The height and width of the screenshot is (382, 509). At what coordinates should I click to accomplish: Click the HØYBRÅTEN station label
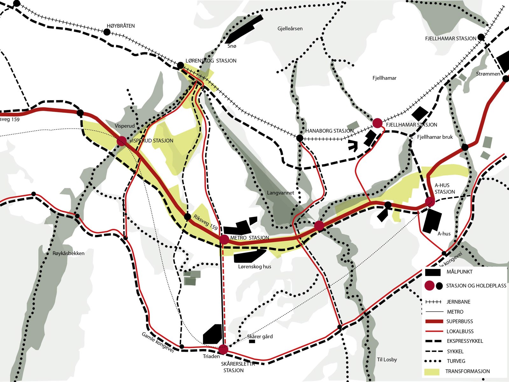point(121,26)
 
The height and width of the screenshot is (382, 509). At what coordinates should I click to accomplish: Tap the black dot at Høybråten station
point(107,32)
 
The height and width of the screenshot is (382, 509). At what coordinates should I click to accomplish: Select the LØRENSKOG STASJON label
point(211,60)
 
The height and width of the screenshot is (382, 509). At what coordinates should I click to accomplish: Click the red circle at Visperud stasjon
point(122,141)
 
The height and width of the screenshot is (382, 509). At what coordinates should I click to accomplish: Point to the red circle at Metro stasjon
point(224,239)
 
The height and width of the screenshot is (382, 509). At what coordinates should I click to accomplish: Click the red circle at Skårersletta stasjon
point(223,350)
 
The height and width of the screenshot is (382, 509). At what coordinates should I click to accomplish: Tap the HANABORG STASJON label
point(329,131)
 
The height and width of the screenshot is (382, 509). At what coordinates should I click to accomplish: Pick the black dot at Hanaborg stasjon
point(300,138)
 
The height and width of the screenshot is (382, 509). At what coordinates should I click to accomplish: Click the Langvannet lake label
point(280,193)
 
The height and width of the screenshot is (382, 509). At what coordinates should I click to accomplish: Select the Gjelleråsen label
point(290,29)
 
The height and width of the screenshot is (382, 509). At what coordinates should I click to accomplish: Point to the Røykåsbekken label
point(68,253)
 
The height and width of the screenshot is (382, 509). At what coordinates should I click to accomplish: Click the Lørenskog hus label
point(254,266)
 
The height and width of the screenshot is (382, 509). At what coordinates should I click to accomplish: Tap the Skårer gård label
point(260,336)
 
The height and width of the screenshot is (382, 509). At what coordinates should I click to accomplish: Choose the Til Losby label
point(387,359)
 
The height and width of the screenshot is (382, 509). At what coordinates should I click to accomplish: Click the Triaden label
point(211,356)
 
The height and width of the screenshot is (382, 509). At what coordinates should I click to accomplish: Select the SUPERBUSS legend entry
point(459,322)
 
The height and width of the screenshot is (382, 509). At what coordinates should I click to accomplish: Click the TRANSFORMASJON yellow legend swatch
point(432,371)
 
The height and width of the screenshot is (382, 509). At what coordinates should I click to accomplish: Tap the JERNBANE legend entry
point(458,302)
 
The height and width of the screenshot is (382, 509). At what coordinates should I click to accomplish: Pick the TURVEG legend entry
point(456,361)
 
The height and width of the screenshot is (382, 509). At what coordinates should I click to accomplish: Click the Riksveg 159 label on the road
point(206,222)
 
